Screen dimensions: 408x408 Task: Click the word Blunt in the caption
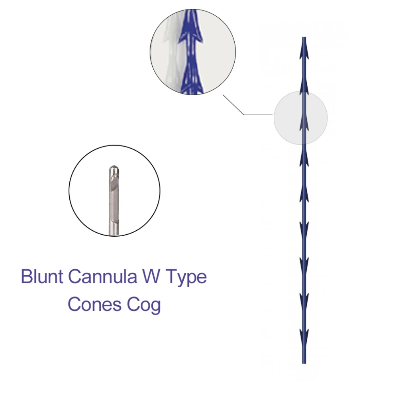coord(41,276)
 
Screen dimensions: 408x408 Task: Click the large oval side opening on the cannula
coord(114,184)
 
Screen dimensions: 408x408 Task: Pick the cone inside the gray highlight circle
coord(304,122)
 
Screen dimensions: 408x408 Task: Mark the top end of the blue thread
coord(304,38)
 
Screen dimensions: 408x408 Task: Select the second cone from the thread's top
coord(304,86)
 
